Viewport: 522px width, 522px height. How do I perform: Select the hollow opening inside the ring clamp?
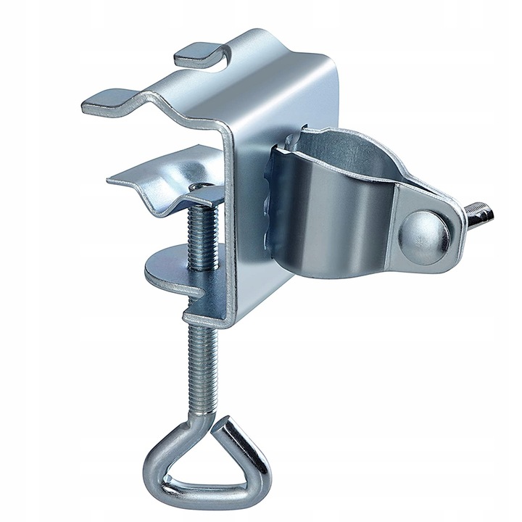pyautogui.click(x=319, y=149)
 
